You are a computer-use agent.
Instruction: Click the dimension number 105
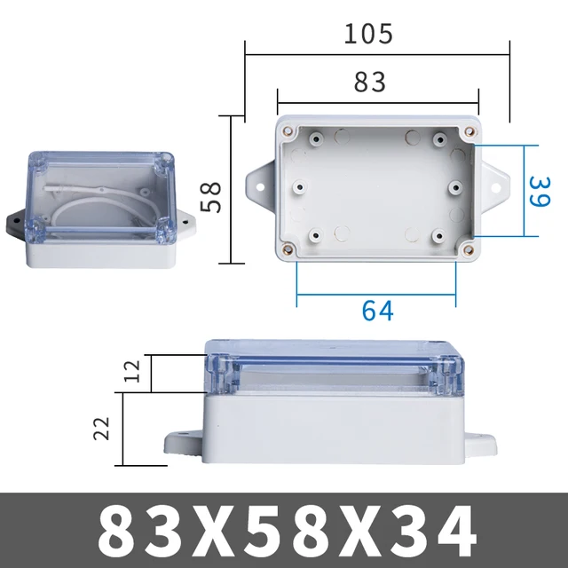[x=368, y=34]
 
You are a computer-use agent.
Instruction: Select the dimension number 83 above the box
[x=370, y=82]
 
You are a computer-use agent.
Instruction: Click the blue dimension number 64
[x=377, y=312]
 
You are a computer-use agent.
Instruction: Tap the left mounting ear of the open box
[x=260, y=183]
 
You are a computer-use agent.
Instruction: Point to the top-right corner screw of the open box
[x=466, y=132]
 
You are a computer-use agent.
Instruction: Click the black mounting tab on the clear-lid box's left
[x=14, y=220]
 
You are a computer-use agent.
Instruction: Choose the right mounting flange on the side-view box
[x=483, y=441]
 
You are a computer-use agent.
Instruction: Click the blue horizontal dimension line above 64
[x=376, y=293]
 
